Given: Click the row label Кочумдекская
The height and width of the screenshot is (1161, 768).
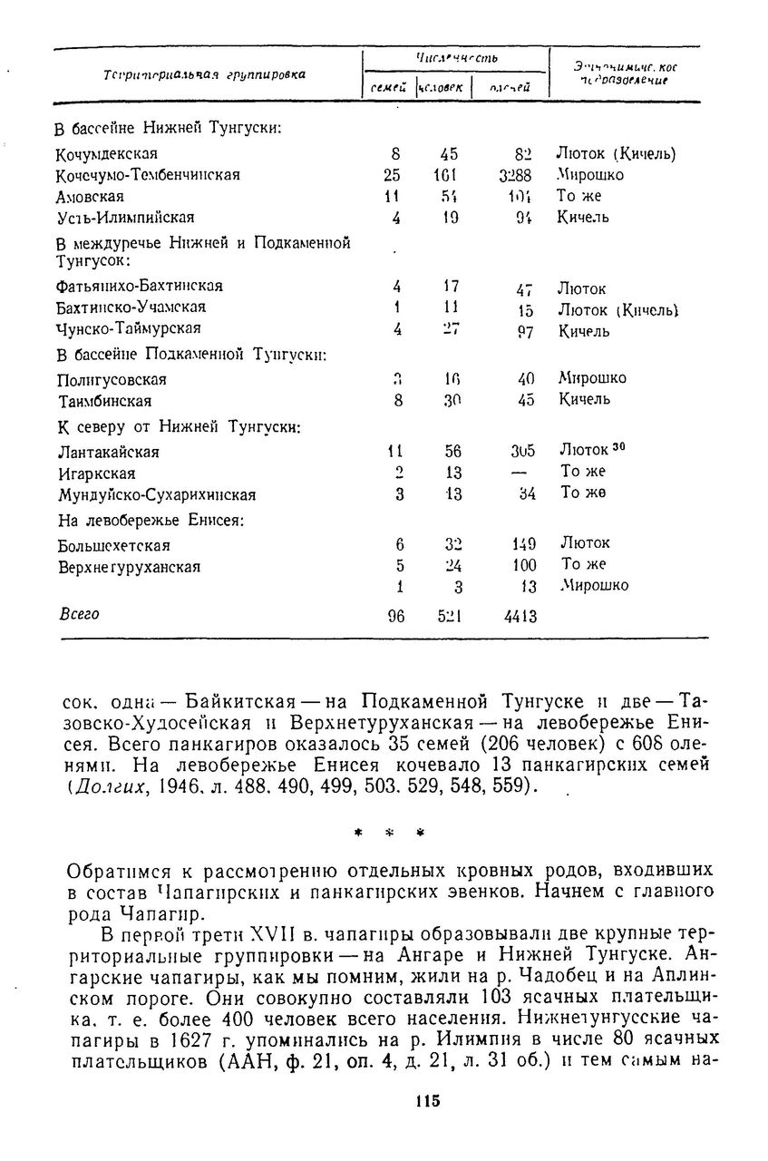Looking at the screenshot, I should [x=107, y=153].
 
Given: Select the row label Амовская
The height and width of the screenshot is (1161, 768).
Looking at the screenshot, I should [x=90, y=197].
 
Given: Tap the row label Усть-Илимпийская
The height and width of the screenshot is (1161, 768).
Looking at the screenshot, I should [x=125, y=218].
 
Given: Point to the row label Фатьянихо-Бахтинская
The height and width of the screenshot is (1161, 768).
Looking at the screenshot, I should [x=140, y=286].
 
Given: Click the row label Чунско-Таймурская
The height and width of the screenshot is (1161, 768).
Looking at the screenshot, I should [x=128, y=327].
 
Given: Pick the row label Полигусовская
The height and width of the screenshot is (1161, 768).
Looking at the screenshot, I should [x=112, y=379].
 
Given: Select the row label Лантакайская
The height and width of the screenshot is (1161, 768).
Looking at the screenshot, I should [x=108, y=452].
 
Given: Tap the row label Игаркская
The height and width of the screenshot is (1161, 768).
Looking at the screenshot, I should [x=96, y=473].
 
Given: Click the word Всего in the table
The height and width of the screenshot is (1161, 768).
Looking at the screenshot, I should [x=79, y=614].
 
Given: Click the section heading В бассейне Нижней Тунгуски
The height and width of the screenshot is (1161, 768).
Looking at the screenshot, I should [x=169, y=127].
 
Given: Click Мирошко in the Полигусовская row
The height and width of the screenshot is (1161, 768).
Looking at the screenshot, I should [x=592, y=378].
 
